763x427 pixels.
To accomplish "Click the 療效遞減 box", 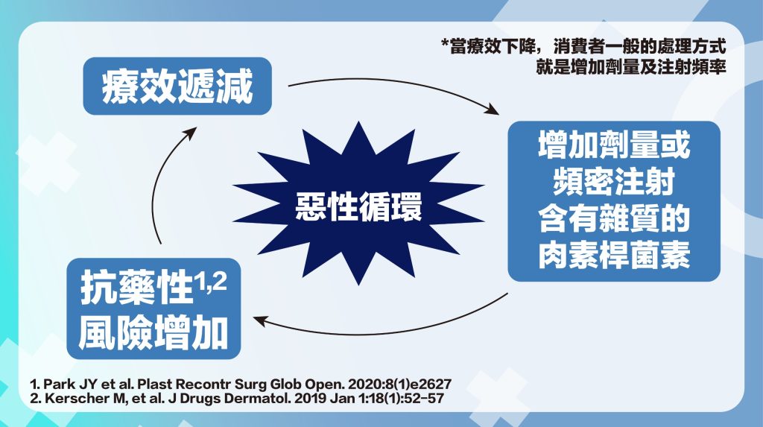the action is (177, 86).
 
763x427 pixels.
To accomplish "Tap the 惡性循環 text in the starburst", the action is (358, 206).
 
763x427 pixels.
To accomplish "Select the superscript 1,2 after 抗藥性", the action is (212, 282).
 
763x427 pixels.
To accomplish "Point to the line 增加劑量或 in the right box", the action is (614, 145).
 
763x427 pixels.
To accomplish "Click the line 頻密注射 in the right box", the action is (614, 181).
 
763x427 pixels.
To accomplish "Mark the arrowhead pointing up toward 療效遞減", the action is (190, 133).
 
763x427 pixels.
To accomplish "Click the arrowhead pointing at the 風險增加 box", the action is (261, 320).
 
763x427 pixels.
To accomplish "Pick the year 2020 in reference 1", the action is (364, 385).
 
